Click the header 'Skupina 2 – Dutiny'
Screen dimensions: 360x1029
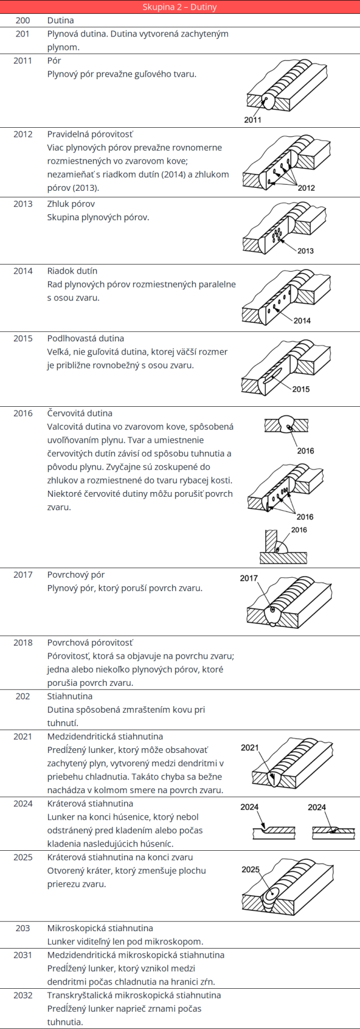[x=180, y=7]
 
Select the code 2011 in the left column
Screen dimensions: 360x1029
[x=23, y=61]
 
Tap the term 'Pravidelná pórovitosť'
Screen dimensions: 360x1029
[x=91, y=134]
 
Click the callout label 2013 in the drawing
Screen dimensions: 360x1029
[x=305, y=251]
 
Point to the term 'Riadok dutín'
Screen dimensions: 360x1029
[x=72, y=271]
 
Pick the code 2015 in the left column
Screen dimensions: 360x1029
[x=23, y=338]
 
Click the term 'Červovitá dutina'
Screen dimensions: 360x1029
[x=80, y=413]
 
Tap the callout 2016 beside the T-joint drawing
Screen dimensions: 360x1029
[x=299, y=530]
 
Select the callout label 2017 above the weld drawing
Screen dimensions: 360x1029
[x=249, y=578]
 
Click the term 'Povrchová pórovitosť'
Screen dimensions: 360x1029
[x=91, y=643]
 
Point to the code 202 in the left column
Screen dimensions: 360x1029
[x=23, y=697]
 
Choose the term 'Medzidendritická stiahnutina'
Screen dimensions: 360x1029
[x=105, y=737]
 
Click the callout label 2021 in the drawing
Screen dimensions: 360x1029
[x=250, y=748]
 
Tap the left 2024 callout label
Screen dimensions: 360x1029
[x=250, y=807]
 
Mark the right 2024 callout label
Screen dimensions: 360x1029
[x=317, y=807]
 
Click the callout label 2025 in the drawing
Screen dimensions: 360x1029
[x=251, y=869]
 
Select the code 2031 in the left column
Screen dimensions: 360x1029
[x=23, y=955]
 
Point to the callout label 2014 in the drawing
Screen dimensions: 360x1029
[x=302, y=320]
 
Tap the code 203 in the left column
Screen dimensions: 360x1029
[x=23, y=928]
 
